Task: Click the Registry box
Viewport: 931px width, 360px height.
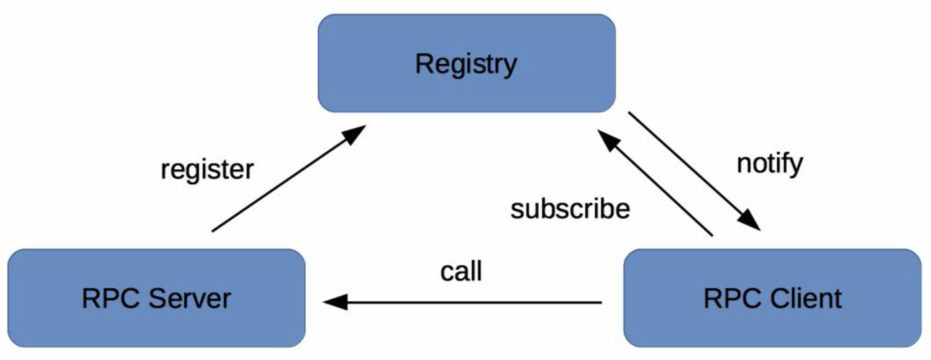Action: (467, 63)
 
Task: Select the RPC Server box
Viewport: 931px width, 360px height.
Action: (156, 298)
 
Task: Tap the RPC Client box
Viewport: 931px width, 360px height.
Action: (773, 298)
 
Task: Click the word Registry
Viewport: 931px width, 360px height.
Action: (466, 65)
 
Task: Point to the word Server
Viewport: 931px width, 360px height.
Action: (190, 298)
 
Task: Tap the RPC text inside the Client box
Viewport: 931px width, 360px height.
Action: (732, 298)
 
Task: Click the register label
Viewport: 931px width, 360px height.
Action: (207, 170)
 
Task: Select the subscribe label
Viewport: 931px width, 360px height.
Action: (570, 208)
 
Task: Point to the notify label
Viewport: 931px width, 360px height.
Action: (770, 165)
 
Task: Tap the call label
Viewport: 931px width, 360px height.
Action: (461, 271)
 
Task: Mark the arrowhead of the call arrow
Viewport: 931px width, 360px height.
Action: (335, 302)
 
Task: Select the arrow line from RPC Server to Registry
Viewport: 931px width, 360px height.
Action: (289, 178)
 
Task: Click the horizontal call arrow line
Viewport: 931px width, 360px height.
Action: (462, 302)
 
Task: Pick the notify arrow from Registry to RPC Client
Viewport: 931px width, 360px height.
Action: (695, 171)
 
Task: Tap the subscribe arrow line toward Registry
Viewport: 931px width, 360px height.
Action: (655, 183)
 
